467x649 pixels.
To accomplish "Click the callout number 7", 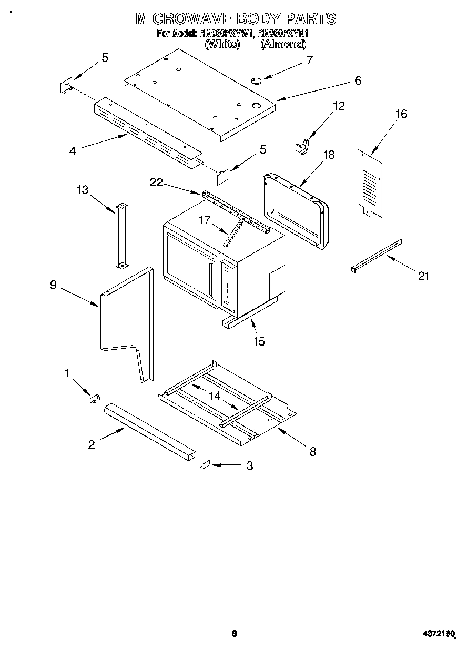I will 309,59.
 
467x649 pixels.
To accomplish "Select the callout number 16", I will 401,114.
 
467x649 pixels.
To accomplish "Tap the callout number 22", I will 156,182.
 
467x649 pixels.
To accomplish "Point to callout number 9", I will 53,285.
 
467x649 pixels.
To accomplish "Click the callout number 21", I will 423,276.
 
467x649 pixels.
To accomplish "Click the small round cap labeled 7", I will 257,80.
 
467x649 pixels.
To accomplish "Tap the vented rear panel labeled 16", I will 371,181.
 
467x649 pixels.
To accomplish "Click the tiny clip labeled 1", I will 94,399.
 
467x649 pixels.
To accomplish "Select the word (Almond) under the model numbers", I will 283,45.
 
